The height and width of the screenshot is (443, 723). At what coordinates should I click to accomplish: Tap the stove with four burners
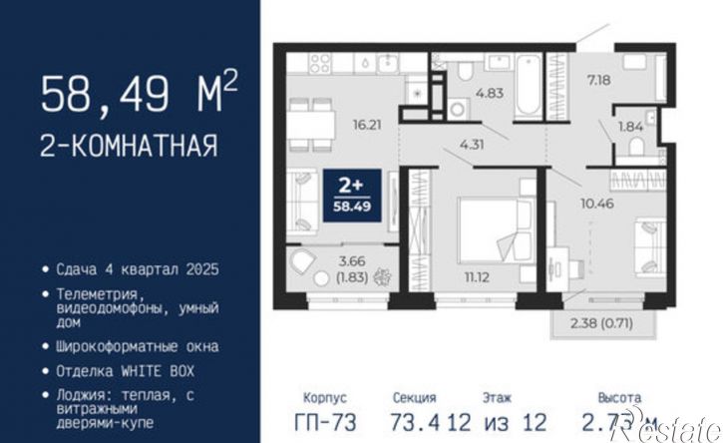pos(321,67)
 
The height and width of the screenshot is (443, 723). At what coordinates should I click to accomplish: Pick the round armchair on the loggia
pos(303,265)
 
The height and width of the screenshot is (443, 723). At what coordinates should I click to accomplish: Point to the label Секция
pos(414,397)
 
